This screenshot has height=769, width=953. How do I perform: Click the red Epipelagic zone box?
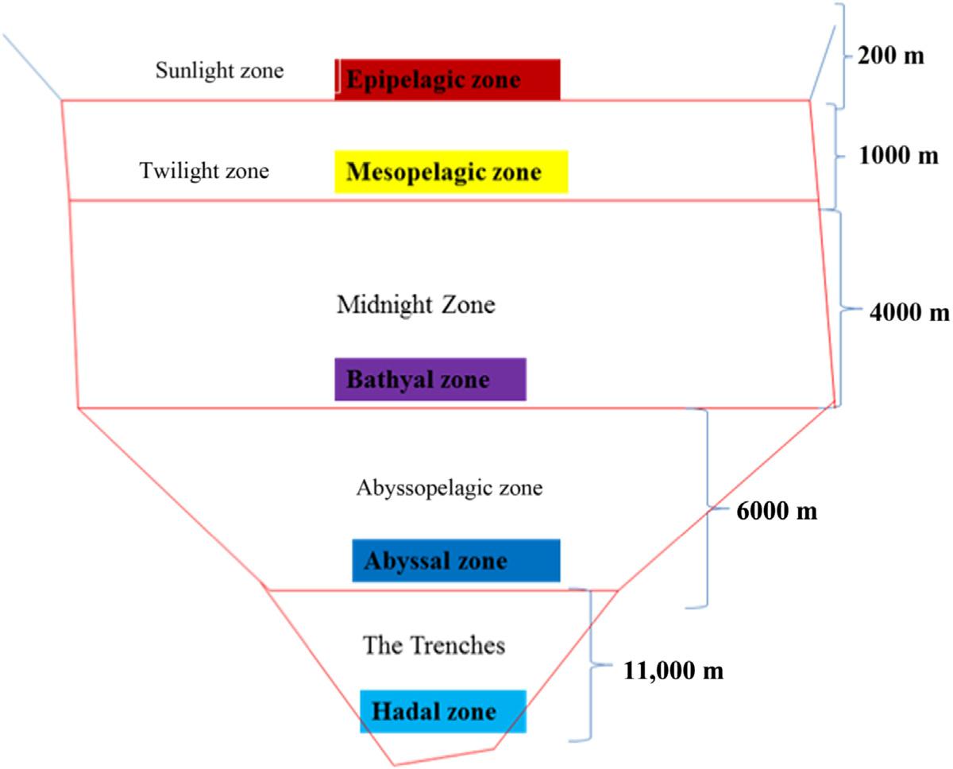[447, 79]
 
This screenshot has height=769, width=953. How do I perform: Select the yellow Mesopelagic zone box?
[451, 172]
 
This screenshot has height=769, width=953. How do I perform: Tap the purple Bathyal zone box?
[430, 379]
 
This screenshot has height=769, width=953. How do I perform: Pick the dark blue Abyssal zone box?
[456, 561]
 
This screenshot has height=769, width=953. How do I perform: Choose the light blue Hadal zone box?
[442, 710]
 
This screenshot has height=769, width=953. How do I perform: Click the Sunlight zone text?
[219, 71]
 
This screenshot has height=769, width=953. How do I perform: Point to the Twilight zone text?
[204, 171]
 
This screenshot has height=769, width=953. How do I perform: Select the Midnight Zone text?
[415, 304]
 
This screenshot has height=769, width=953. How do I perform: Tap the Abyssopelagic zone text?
[449, 488]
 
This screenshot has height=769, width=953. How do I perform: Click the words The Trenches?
[434, 644]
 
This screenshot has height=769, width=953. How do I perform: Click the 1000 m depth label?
[899, 155]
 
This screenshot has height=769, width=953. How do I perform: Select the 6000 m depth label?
[777, 511]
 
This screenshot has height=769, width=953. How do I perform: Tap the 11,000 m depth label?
[671, 670]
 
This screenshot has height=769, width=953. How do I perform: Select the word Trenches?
[459, 644]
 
